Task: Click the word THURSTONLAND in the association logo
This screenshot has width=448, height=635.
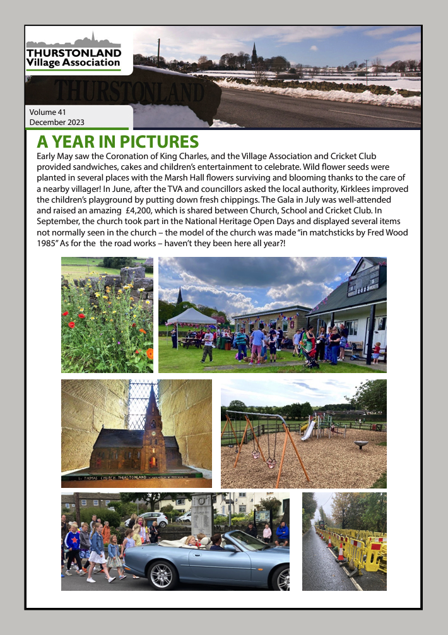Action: pos(73,52)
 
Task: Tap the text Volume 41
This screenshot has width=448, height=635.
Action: pos(48,112)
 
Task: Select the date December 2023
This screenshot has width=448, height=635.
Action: pos(57,122)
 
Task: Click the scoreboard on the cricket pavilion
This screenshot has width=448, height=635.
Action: pos(366,278)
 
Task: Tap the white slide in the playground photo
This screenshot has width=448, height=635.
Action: pos(309,430)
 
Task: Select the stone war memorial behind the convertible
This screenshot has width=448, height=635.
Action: pos(201,514)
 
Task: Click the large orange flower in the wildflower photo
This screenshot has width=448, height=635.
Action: pos(150,353)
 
